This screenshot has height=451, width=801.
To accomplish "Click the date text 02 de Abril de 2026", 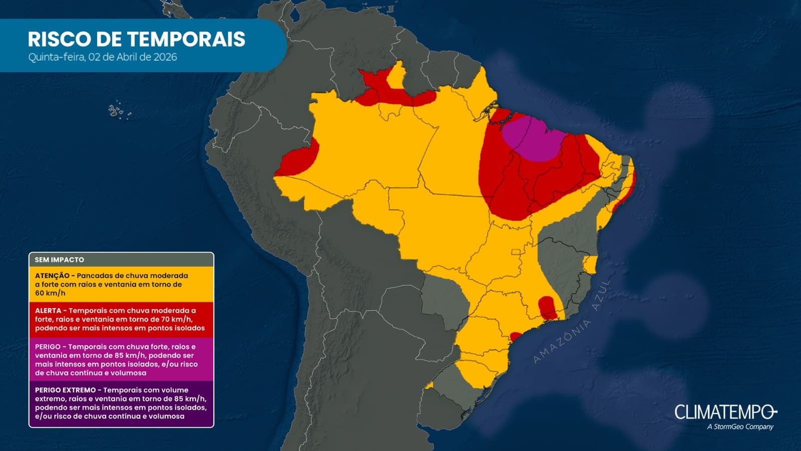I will [132, 57].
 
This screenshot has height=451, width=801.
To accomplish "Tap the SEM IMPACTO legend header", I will [59, 260].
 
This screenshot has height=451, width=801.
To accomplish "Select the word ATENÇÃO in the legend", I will [52, 276].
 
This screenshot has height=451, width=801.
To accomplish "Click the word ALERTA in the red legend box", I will [48, 311].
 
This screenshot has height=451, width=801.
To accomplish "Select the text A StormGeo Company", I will [740, 427].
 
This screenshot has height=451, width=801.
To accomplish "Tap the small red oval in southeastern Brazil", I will [547, 307].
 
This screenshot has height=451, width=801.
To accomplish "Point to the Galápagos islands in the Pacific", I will [118, 110].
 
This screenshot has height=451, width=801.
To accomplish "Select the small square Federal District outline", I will [516, 252].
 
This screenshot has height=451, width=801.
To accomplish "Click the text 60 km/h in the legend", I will [50, 293].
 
